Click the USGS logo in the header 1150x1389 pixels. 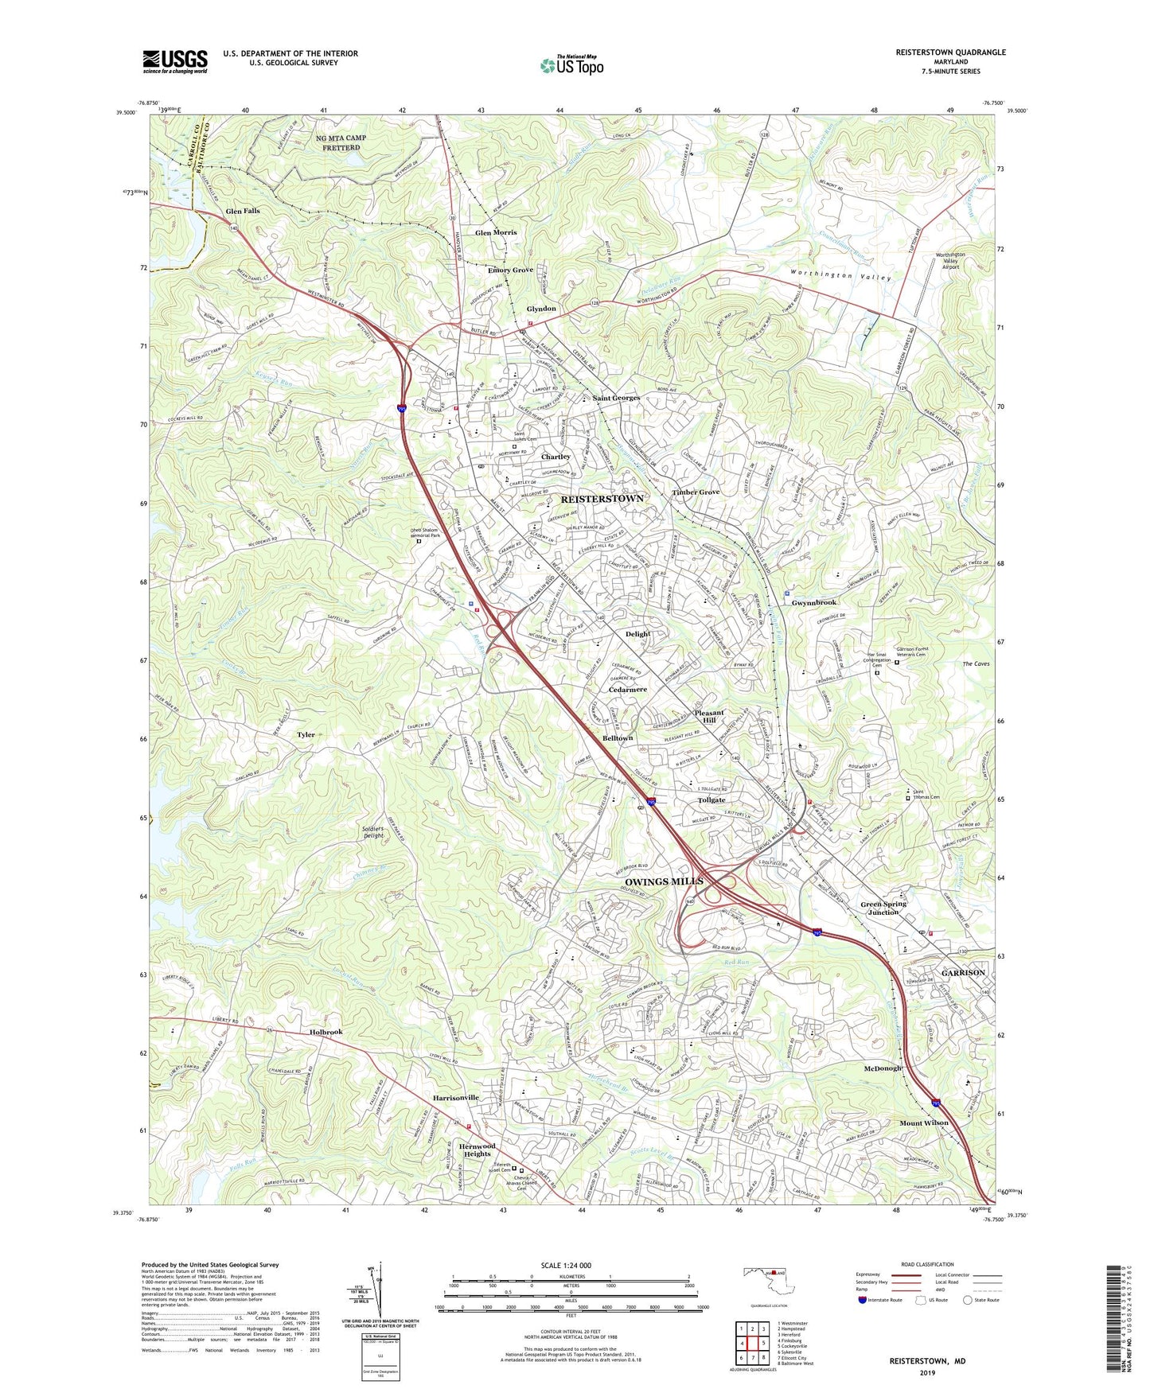point(175,60)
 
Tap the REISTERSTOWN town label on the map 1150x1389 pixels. point(602,498)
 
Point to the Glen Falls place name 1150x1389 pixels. point(243,212)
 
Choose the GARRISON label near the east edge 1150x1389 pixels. point(963,973)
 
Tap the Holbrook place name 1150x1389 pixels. point(326,1032)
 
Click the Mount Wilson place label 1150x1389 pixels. point(924,1123)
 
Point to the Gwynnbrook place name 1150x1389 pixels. point(813,603)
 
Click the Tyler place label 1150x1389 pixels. point(306,735)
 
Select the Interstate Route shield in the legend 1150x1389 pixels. point(863,1301)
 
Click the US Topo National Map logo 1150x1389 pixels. point(571,65)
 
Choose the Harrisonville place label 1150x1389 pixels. point(456,1098)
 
